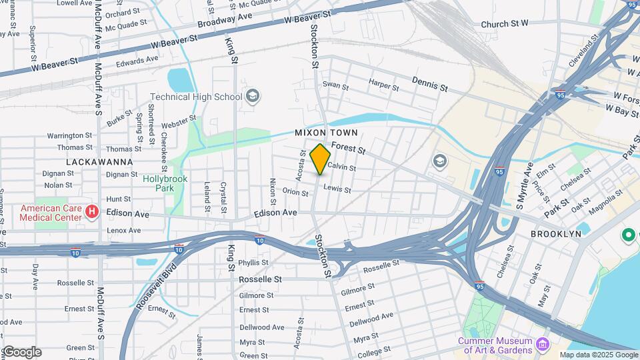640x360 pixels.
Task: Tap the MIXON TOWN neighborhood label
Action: click(x=322, y=133)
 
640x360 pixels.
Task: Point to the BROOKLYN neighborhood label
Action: click(x=556, y=234)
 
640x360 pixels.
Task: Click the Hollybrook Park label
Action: click(x=165, y=183)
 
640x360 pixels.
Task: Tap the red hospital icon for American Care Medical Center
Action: click(x=93, y=212)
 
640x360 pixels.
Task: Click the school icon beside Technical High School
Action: click(x=253, y=97)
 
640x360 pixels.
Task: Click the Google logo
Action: click(x=21, y=352)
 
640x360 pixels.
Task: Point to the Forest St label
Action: click(x=349, y=148)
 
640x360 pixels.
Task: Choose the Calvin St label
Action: click(x=341, y=168)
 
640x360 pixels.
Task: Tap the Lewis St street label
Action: click(x=337, y=189)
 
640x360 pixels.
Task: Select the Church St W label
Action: click(x=505, y=23)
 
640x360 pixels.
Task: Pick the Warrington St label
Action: click(x=69, y=135)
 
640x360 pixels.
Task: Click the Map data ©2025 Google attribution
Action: click(x=599, y=355)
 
